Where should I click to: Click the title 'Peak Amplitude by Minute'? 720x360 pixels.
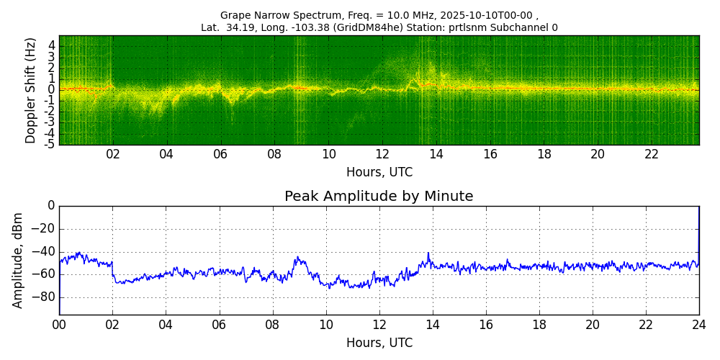379,197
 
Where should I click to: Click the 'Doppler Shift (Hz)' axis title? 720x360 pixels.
31,90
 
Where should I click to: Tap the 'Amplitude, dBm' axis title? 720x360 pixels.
19,260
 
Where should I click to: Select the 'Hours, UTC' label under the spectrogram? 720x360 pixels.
379,173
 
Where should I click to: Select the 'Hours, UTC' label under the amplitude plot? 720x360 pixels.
379,343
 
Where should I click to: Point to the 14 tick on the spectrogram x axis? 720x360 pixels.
436,154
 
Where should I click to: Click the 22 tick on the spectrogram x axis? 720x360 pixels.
652,154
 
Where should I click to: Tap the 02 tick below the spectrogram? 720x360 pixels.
113,154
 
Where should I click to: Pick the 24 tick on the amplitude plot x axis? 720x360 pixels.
698,325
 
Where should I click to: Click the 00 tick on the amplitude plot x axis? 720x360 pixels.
59,325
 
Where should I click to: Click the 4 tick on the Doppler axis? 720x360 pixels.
52,45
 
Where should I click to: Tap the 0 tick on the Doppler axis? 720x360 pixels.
52,90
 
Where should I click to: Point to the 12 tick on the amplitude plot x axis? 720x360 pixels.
379,325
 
